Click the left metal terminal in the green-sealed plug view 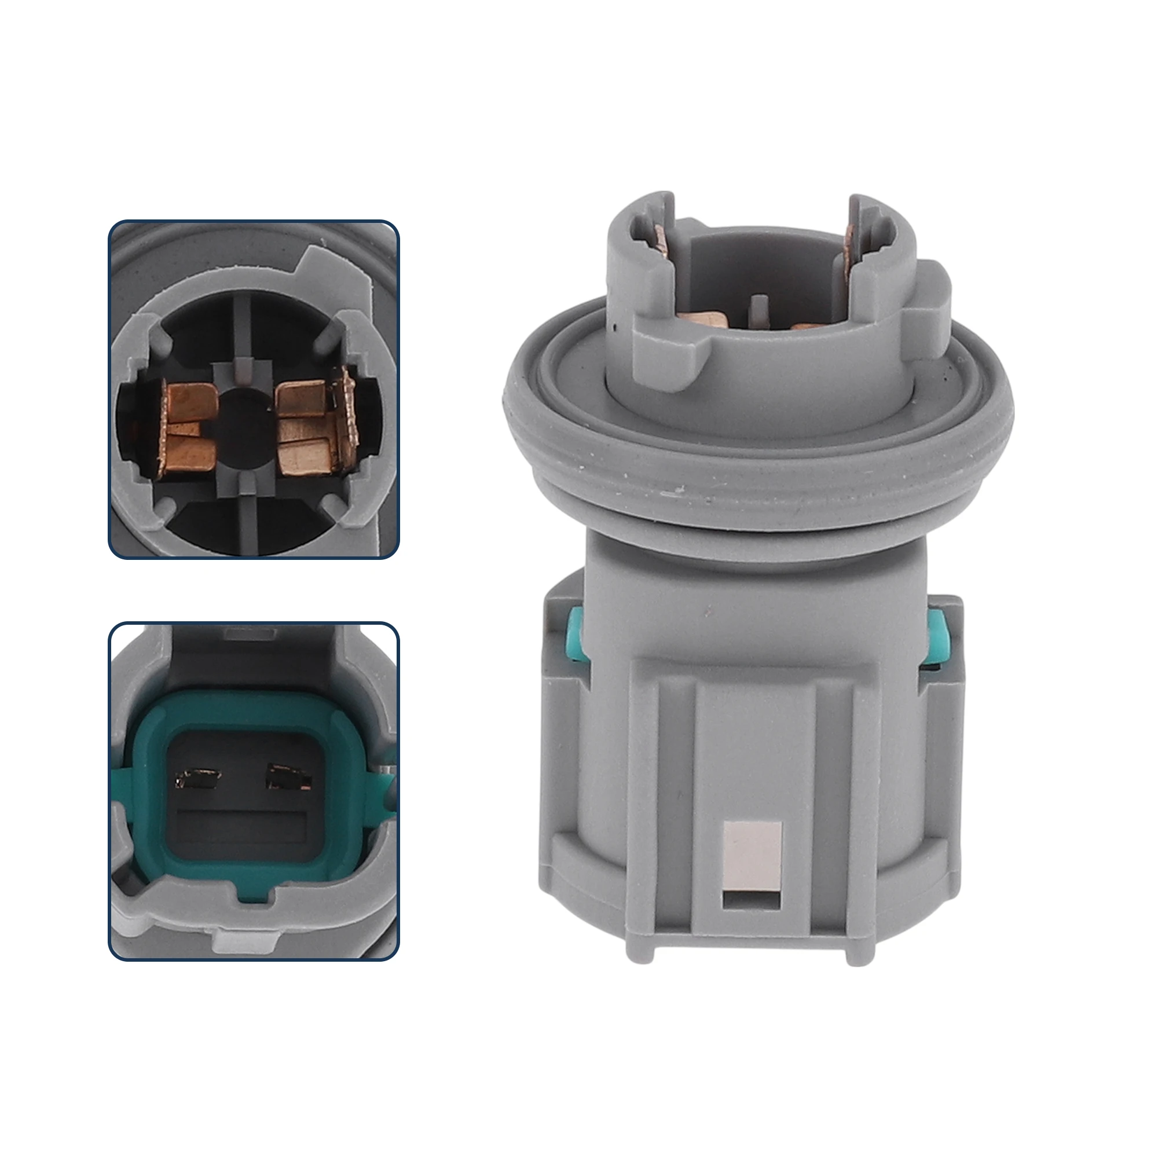tap(197, 779)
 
